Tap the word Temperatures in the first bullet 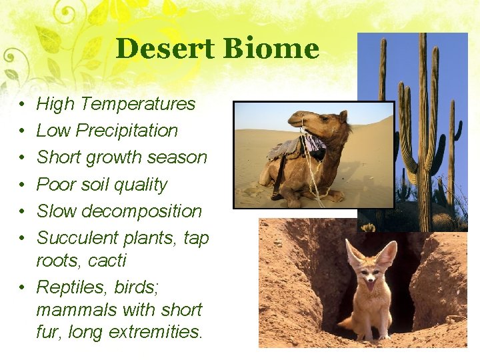(x=139, y=104)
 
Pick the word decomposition (x=140, y=211)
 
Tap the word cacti (x=107, y=261)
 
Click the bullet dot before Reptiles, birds (x=22, y=288)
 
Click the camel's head (x=313, y=120)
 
